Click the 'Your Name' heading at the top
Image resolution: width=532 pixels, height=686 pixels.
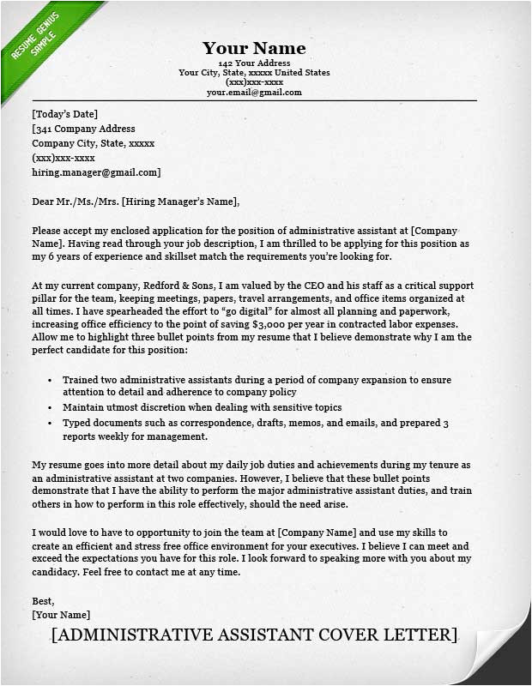254,48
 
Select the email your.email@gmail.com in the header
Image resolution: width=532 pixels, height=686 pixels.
254,92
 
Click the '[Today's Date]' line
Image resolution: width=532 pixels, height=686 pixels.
65,114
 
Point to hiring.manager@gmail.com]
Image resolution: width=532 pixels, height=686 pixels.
96,172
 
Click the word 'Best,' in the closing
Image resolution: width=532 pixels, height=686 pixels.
43,600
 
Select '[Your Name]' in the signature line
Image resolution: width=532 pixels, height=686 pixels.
61,615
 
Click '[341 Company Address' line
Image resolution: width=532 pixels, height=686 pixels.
83,129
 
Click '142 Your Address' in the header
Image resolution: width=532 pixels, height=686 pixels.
254,63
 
